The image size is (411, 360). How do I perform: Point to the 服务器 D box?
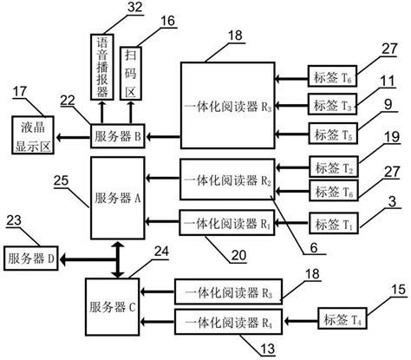[31, 258]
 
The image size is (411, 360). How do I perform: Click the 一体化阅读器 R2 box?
[228, 180]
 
